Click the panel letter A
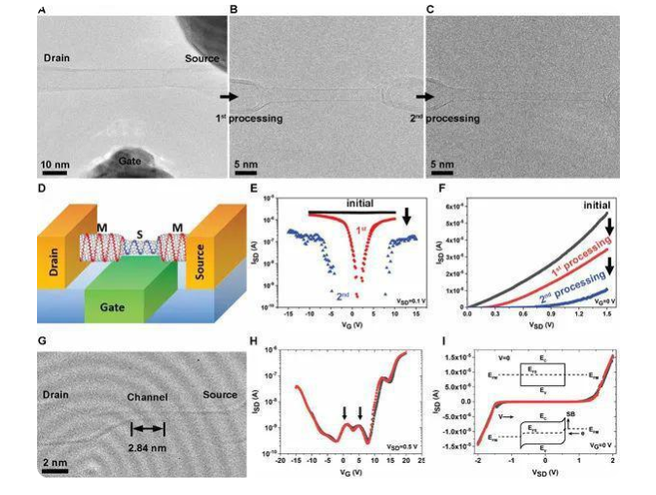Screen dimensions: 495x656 tap(42, 10)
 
